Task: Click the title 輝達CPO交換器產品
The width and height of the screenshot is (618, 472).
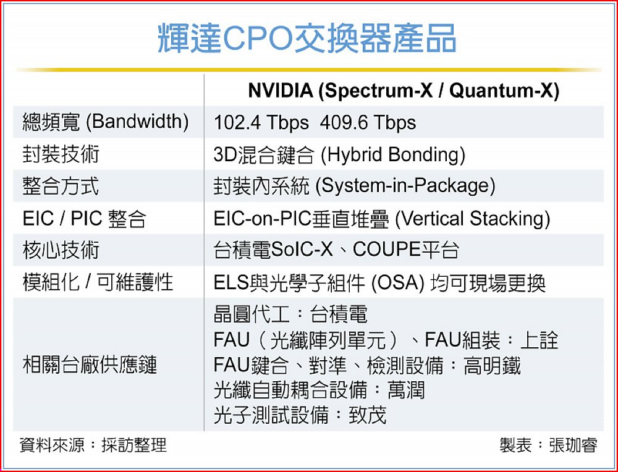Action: [x=307, y=38]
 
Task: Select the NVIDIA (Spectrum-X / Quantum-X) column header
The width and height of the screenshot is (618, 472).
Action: [x=404, y=91]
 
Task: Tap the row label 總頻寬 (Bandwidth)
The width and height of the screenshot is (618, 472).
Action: [x=106, y=122]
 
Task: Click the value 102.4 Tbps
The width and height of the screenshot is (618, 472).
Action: [x=261, y=122]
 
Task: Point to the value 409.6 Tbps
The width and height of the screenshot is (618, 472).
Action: [x=368, y=122]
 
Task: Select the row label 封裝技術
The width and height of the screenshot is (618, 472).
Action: [x=61, y=154]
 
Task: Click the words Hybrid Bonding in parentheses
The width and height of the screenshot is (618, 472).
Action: [x=393, y=154]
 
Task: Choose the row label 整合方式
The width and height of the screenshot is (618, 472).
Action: [x=61, y=186]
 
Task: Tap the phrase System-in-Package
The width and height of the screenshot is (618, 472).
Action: [x=405, y=186]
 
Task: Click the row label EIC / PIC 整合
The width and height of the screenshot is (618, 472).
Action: [x=84, y=218]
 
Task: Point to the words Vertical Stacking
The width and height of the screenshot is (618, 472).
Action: [x=472, y=218]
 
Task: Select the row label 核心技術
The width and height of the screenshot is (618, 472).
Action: [x=61, y=250]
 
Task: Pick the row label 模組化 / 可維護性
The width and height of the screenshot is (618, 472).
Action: [x=98, y=282]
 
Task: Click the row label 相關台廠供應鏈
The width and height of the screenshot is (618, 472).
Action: [x=90, y=365]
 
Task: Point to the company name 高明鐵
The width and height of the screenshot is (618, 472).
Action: [x=492, y=365]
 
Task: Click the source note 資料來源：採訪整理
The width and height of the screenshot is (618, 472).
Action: [x=93, y=445]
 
